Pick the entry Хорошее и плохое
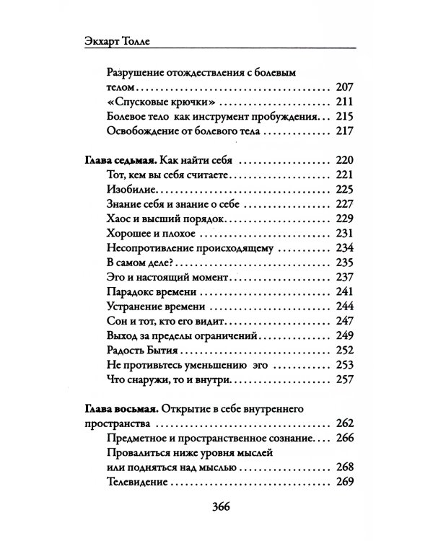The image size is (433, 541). point(147,233)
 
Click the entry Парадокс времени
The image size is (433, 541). point(151,294)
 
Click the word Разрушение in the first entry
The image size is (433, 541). point(137,72)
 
